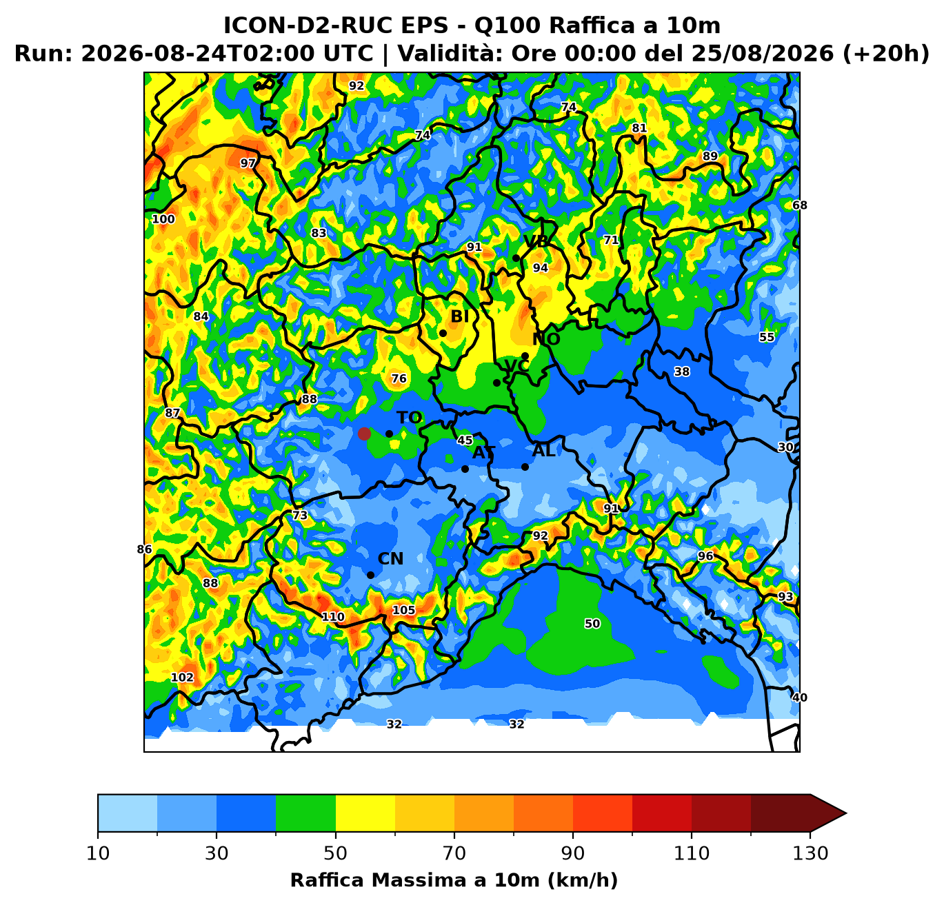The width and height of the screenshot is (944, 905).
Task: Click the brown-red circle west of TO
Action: (x=364, y=434)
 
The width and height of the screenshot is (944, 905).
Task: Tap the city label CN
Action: (x=390, y=559)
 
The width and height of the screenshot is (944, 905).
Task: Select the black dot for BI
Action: (x=443, y=333)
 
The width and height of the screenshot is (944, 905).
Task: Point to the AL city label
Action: (x=543, y=451)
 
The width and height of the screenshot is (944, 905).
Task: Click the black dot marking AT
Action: (x=465, y=469)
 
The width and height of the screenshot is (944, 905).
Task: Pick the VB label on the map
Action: (x=536, y=241)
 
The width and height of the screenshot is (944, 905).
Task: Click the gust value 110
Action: (x=333, y=617)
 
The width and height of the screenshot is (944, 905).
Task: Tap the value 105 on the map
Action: (x=403, y=610)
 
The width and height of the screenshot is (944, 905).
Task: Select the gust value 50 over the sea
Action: (x=592, y=624)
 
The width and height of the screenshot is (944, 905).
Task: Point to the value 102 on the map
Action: (x=183, y=678)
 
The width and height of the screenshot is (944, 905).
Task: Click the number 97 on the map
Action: (x=248, y=163)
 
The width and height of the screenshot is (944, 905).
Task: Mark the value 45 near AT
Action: (x=465, y=440)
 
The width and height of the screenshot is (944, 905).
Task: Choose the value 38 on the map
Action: (x=681, y=372)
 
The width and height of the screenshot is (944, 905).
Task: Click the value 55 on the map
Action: (x=767, y=337)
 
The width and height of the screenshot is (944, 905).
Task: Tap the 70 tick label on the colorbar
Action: (x=454, y=853)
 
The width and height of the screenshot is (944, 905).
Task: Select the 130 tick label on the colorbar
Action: (x=810, y=853)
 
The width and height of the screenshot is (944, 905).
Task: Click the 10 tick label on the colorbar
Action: (x=98, y=853)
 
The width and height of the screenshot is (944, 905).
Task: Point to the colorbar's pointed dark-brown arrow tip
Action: (x=846, y=813)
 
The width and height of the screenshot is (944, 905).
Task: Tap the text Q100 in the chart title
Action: (x=506, y=26)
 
